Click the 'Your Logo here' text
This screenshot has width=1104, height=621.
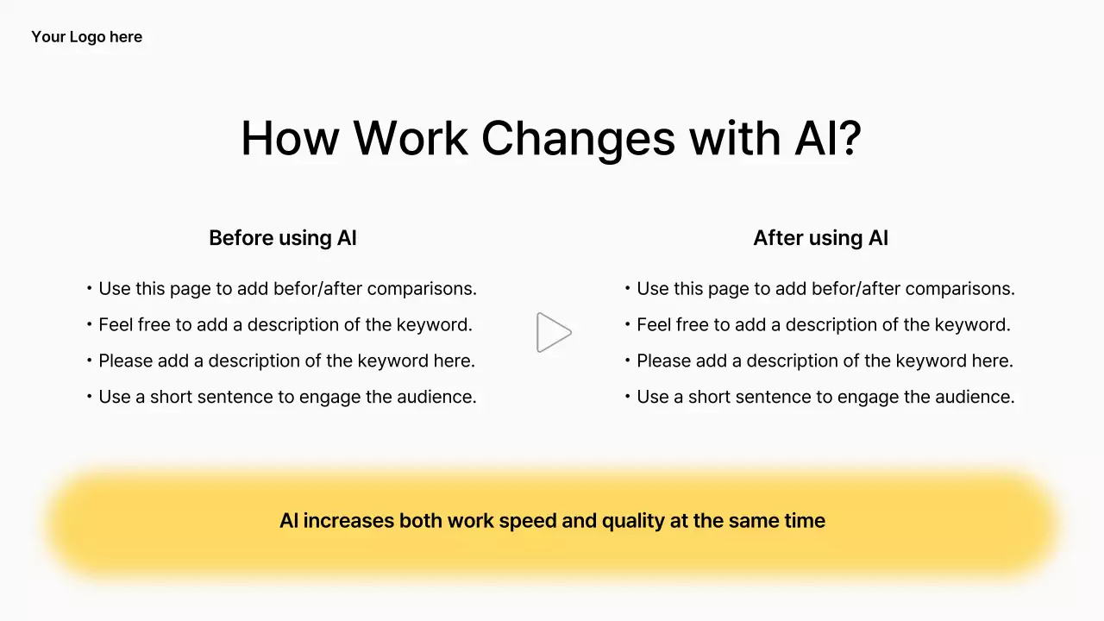tap(86, 37)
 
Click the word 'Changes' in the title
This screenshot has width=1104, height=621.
tap(577, 138)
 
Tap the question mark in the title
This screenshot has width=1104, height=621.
tap(849, 138)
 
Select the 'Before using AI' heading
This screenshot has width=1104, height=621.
tap(282, 238)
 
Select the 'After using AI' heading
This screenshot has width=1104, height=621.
tap(820, 238)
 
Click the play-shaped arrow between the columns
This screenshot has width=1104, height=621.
tap(553, 332)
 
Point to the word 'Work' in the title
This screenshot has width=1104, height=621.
tap(410, 138)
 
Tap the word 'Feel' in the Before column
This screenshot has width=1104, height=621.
tap(116, 325)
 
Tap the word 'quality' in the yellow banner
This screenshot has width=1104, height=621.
tap(630, 521)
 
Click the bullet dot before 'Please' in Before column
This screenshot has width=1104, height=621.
tap(89, 361)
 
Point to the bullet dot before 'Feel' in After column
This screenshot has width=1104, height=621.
tap(627, 324)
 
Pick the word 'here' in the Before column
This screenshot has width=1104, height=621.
tap(454, 361)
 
